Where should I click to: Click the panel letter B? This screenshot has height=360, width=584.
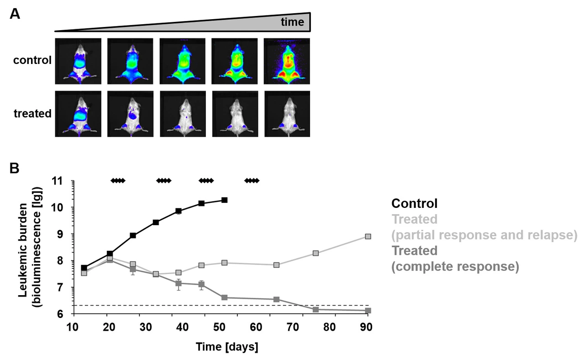point(15,168)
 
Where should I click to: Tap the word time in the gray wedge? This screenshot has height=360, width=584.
point(292,22)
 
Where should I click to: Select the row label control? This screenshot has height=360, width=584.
point(32,60)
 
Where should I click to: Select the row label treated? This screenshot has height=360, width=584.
point(32,113)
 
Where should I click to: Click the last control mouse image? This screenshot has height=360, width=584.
point(287,61)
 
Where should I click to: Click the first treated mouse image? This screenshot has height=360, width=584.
point(78,114)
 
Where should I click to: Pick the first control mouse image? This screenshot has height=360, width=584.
point(78,61)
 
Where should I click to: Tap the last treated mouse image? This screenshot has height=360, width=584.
point(287,114)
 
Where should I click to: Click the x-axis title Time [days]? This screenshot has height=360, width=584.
point(227,347)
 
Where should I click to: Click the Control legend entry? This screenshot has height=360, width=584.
point(414,203)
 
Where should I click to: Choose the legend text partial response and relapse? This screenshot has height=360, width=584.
point(484,235)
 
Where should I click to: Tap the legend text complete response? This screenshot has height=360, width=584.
point(455,266)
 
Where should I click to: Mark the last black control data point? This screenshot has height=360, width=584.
point(225,200)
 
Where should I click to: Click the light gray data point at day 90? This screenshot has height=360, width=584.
point(368,237)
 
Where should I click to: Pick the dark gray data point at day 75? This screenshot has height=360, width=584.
point(316,309)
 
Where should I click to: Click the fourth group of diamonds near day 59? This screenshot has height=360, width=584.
point(252,181)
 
